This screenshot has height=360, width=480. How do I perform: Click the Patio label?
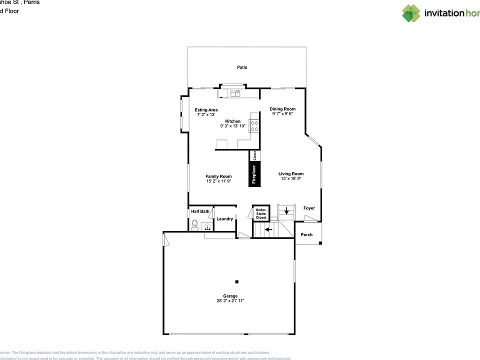coord(242,67)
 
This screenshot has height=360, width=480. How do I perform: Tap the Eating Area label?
coord(206,110)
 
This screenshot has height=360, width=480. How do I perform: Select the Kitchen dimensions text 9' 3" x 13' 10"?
coord(232,126)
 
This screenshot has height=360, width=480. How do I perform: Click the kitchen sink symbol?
coord(234,93)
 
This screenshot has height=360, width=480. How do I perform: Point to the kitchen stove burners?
coord(254,126)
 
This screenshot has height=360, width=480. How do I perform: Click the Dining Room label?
coord(282,109)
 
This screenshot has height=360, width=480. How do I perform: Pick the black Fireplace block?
coord(254,173)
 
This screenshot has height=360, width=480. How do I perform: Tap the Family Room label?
coord(218,176)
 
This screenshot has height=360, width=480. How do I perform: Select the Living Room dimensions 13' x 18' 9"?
coord(291,178)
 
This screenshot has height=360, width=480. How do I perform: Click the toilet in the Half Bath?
coord(195,225)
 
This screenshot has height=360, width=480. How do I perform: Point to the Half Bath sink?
coord(207,226)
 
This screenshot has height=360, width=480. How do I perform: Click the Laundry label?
coord(225,218)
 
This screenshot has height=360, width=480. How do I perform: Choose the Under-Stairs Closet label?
coord(261,214)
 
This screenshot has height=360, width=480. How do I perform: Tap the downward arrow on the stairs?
coord(286,210)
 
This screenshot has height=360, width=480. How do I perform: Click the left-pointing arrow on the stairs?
coord(268,230)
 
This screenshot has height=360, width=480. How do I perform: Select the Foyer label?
coord(309,208)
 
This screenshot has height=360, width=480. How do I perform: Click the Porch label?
coord(306,234)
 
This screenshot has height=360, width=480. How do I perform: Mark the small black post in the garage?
coord(237,281)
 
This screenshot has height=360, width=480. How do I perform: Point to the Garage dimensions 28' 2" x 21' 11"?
coord(230,301)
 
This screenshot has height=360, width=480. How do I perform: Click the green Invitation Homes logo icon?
coord(411,13)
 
